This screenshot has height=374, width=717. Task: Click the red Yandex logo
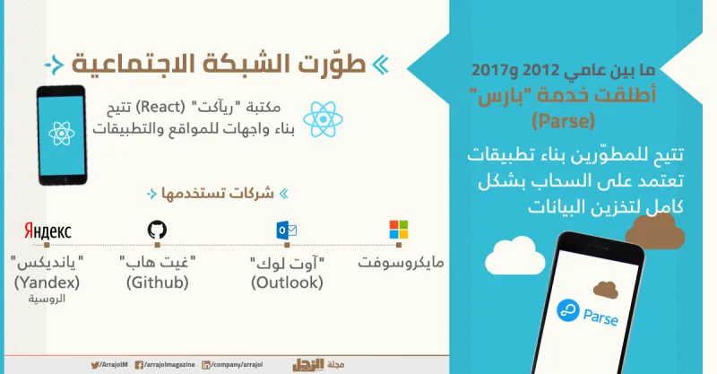coord(48,231)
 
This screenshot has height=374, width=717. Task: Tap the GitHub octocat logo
coord(157,230)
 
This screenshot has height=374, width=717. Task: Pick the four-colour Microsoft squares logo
coord(398,230)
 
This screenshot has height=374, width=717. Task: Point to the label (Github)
coord(158,283)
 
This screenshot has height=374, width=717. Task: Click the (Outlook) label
coord(286,283)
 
